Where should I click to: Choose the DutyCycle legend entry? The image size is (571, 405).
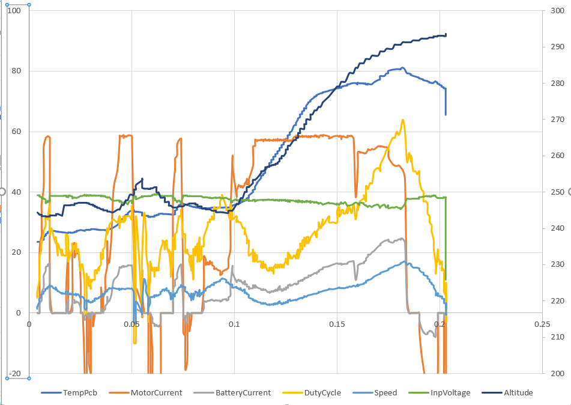click(x=312, y=392)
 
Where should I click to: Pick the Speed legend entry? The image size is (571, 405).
click(x=375, y=392)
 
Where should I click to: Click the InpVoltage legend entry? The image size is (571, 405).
click(x=440, y=392)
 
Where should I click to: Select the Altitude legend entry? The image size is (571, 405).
click(x=507, y=392)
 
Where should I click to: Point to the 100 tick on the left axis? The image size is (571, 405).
click(x=14, y=11)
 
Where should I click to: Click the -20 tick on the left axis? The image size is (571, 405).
click(x=14, y=373)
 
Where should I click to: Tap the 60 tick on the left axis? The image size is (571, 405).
click(x=16, y=132)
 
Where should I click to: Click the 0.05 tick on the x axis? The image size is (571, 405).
click(x=132, y=324)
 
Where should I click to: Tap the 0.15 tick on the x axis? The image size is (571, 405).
click(x=337, y=324)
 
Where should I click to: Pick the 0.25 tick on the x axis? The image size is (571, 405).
click(x=542, y=324)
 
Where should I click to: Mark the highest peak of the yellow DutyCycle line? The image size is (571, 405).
click(x=402, y=120)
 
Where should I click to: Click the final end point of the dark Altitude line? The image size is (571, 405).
click(x=446, y=34)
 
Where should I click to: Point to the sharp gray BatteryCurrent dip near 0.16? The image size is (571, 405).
click(x=356, y=279)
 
